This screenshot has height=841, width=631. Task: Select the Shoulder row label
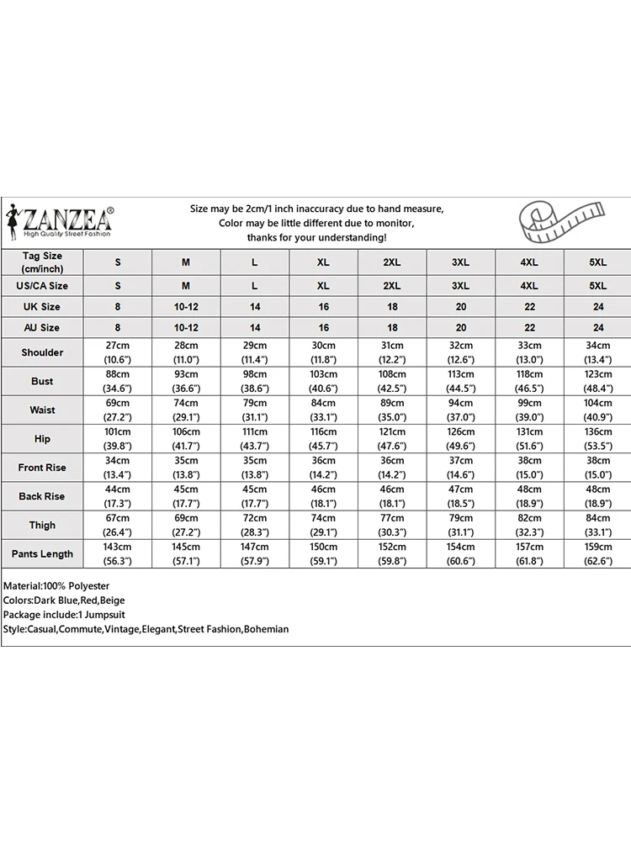coord(42,352)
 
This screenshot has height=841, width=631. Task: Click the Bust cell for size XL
coord(323,381)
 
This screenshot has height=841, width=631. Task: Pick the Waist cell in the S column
coord(118,410)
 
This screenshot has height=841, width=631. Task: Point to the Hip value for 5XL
coord(598,439)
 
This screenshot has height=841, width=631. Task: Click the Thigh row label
coord(42,525)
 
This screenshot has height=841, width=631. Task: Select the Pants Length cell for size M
coord(186,553)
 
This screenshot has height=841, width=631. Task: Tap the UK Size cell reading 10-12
coord(186,307)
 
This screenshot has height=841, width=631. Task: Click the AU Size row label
coord(42,327)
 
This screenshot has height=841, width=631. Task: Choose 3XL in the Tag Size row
coord(460,262)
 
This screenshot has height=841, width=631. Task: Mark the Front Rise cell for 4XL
coord(529,468)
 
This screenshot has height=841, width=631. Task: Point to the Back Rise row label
coord(42,496)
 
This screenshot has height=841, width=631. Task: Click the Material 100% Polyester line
coord(57,585)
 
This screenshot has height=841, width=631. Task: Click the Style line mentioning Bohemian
coord(146,629)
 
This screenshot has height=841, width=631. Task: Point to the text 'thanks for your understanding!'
coord(316,238)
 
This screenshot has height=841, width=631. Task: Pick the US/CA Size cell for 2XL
coord(392,286)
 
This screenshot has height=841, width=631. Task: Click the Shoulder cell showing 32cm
coord(460,352)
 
